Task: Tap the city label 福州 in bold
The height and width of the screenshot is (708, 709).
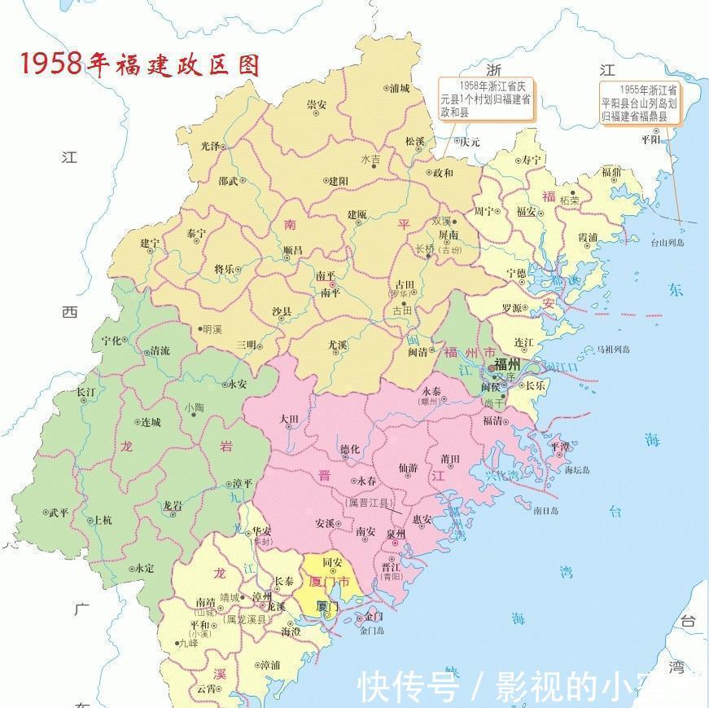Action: coord(513,363)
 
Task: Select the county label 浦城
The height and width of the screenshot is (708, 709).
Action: coord(400,87)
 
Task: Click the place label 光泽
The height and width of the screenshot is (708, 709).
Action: coord(210,146)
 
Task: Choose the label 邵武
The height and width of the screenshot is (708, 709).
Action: coord(229,181)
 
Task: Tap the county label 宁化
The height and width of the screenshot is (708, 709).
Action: coord(112,340)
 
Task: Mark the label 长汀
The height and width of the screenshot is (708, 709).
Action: coord(86,392)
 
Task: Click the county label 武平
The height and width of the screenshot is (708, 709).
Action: coord(59,512)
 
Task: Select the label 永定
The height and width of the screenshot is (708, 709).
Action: coord(143,568)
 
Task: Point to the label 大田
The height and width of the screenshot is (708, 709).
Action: coord(291,419)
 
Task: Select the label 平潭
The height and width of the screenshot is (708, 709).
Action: coord(560,446)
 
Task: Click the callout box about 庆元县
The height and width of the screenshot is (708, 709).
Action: coord(485,99)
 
